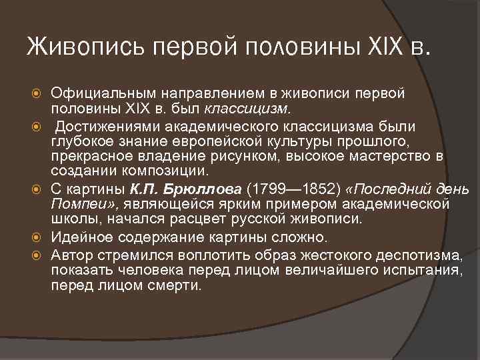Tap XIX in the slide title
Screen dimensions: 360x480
[x=389, y=48]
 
